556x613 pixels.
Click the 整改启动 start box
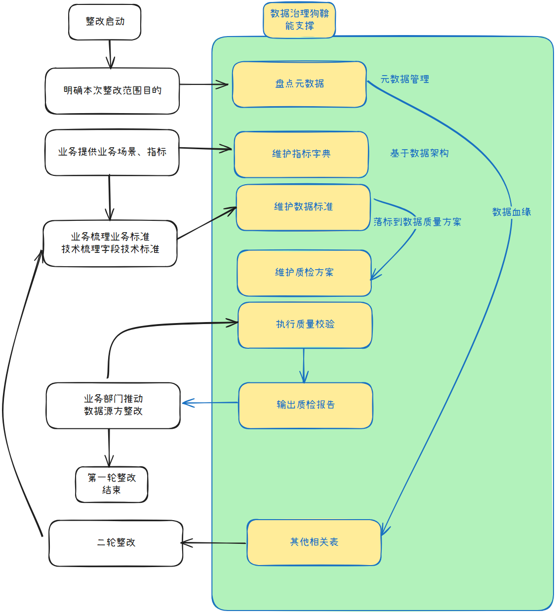point(105,22)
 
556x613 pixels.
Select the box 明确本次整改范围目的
point(112,91)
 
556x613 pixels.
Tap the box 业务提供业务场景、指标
point(112,152)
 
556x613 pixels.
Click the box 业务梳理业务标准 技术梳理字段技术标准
point(110,243)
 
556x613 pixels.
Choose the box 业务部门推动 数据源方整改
point(113,405)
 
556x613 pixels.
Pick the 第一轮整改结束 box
point(112,484)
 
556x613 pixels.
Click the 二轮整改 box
point(116,543)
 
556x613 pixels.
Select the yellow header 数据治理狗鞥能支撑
point(299,20)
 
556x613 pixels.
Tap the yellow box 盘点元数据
point(299,84)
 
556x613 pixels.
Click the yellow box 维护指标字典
point(301,154)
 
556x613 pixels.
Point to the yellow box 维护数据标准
point(303,207)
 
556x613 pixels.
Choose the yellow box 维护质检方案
point(304,273)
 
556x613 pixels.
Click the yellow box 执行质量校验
point(305,325)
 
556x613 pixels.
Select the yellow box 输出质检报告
point(306,405)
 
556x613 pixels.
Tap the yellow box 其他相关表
point(314,542)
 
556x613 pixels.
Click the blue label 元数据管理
point(404,79)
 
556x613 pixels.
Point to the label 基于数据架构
point(419,153)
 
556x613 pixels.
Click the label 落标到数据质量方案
point(417,222)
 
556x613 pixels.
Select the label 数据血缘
point(512,212)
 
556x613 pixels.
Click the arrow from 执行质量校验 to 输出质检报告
point(304,366)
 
